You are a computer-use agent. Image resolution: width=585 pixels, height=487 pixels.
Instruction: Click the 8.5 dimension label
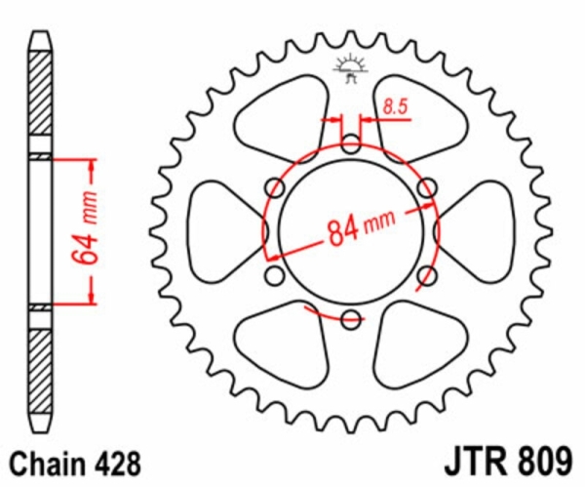396,107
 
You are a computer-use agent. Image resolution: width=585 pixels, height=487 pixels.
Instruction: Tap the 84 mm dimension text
361,228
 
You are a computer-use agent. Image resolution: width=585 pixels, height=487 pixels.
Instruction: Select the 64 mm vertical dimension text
85,227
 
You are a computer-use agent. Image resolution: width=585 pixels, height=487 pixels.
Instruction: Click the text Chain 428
75,464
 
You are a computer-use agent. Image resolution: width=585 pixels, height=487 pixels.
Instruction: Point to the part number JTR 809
507,462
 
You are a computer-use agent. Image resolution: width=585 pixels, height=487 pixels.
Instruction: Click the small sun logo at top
351,68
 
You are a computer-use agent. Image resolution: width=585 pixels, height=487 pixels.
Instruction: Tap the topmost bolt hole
351,144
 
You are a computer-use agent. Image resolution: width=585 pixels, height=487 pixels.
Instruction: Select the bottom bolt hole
351,319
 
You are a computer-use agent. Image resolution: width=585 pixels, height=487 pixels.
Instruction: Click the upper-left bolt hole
275,187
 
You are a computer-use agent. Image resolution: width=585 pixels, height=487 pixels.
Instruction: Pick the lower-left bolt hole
275,275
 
